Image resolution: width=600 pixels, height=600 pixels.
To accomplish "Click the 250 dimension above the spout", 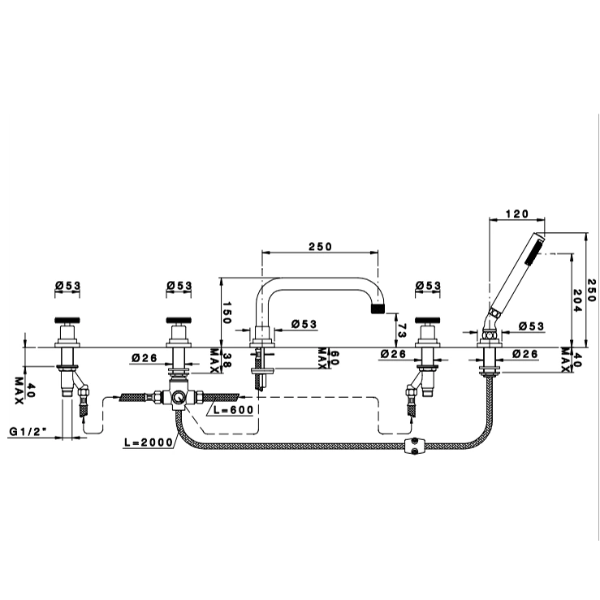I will pos(320,247).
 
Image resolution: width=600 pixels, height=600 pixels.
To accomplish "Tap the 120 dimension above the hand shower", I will pos(516,214).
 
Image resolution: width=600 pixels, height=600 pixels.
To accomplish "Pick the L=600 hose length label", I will pos(235,411).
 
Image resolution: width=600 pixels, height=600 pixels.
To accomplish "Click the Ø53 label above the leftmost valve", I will pos(67,285).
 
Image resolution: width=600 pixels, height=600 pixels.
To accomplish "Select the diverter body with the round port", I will pos(178,398).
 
